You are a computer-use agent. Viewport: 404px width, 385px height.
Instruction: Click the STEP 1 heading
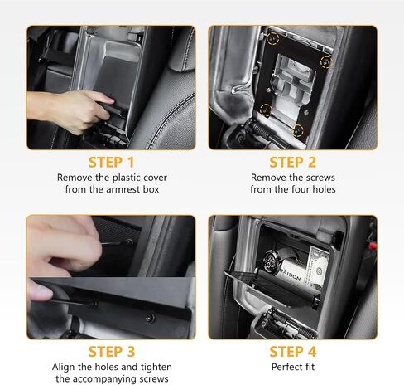111,162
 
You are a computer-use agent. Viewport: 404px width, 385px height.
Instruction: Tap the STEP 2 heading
292,162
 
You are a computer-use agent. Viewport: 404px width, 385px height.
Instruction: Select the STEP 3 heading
111,351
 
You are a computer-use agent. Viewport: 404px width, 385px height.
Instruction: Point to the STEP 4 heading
292,351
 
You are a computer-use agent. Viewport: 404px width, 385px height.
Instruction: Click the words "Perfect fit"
292,366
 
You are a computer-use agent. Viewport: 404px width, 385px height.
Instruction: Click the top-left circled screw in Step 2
271,37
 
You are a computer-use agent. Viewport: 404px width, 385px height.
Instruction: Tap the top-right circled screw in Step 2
325,61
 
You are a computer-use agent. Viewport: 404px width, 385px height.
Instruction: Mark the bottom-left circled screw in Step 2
265,110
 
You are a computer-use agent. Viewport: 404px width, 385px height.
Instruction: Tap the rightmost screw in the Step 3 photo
150,318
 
